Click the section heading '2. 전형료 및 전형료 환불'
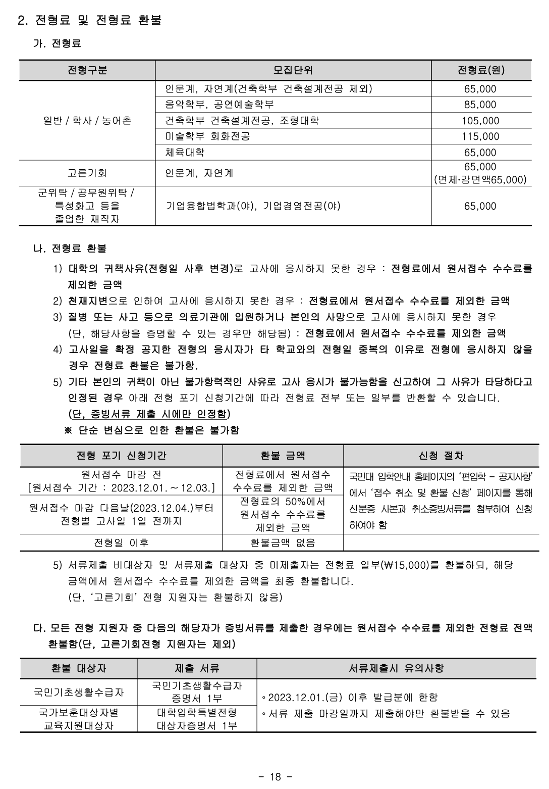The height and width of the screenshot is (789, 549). tap(89, 21)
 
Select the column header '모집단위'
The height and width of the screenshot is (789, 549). tap(293, 70)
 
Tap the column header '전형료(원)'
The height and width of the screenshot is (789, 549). tap(480, 70)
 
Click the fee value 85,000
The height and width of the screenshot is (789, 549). tap(480, 105)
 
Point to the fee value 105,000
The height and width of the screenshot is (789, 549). tap(480, 121)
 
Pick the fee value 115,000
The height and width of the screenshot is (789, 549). tap(480, 136)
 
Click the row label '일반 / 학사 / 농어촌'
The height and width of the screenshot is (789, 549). tap(87, 121)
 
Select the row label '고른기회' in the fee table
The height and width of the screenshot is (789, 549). tap(87, 173)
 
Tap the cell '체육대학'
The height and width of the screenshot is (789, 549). tap(185, 152)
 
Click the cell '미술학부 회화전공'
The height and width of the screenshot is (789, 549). tap(207, 136)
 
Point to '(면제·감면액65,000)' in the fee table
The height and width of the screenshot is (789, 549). tap(480, 180)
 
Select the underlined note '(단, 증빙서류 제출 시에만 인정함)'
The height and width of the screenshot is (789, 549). tap(149, 414)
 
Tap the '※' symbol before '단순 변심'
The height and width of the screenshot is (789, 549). tap(69, 430)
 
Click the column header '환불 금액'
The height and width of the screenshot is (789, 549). tap(283, 456)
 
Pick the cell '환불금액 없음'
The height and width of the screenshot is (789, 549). tap(283, 543)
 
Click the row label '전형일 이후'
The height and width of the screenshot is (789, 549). tap(121, 543)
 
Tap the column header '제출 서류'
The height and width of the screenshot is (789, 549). tap(197, 668)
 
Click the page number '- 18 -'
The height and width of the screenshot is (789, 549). tap(275, 777)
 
